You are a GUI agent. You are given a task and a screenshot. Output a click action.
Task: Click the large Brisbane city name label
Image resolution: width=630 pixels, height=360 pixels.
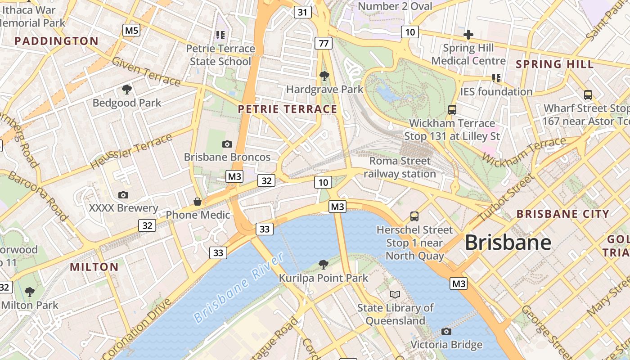[508, 243]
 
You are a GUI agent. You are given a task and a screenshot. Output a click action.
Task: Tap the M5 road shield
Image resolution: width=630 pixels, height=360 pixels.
[131, 31]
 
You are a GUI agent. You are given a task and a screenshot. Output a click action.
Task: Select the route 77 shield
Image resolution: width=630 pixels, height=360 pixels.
[324, 43]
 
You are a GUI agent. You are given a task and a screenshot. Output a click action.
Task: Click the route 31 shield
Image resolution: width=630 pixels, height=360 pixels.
[303, 12]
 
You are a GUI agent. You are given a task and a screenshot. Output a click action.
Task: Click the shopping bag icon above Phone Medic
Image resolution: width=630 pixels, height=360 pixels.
[198, 201]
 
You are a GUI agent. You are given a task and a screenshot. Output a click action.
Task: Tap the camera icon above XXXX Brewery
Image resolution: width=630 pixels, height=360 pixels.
[123, 195]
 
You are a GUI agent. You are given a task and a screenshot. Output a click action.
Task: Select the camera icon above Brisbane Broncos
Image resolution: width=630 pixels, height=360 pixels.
[227, 144]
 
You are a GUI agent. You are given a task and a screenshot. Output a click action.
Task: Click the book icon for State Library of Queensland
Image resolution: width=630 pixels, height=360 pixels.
[395, 294]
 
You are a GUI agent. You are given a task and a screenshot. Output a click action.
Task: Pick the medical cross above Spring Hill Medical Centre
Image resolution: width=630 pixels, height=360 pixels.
[468, 34]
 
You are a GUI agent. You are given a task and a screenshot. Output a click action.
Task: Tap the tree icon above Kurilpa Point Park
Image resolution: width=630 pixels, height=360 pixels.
[323, 264]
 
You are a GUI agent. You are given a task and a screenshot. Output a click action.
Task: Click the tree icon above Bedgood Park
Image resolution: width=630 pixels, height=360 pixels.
[127, 90]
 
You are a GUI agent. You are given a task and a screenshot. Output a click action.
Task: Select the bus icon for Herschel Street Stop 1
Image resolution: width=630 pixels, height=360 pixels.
[414, 216]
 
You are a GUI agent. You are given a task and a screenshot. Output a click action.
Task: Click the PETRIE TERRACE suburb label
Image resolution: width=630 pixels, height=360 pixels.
[288, 109]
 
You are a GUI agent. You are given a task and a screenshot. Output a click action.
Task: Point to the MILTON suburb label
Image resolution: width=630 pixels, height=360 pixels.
[94, 267]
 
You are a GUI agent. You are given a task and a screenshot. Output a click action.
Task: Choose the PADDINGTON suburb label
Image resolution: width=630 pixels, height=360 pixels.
[56, 41]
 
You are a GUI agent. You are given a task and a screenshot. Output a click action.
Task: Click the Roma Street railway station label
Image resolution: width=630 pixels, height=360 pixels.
[400, 167]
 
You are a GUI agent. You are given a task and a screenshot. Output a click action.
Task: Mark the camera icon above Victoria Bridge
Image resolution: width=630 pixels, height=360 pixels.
[446, 332]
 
